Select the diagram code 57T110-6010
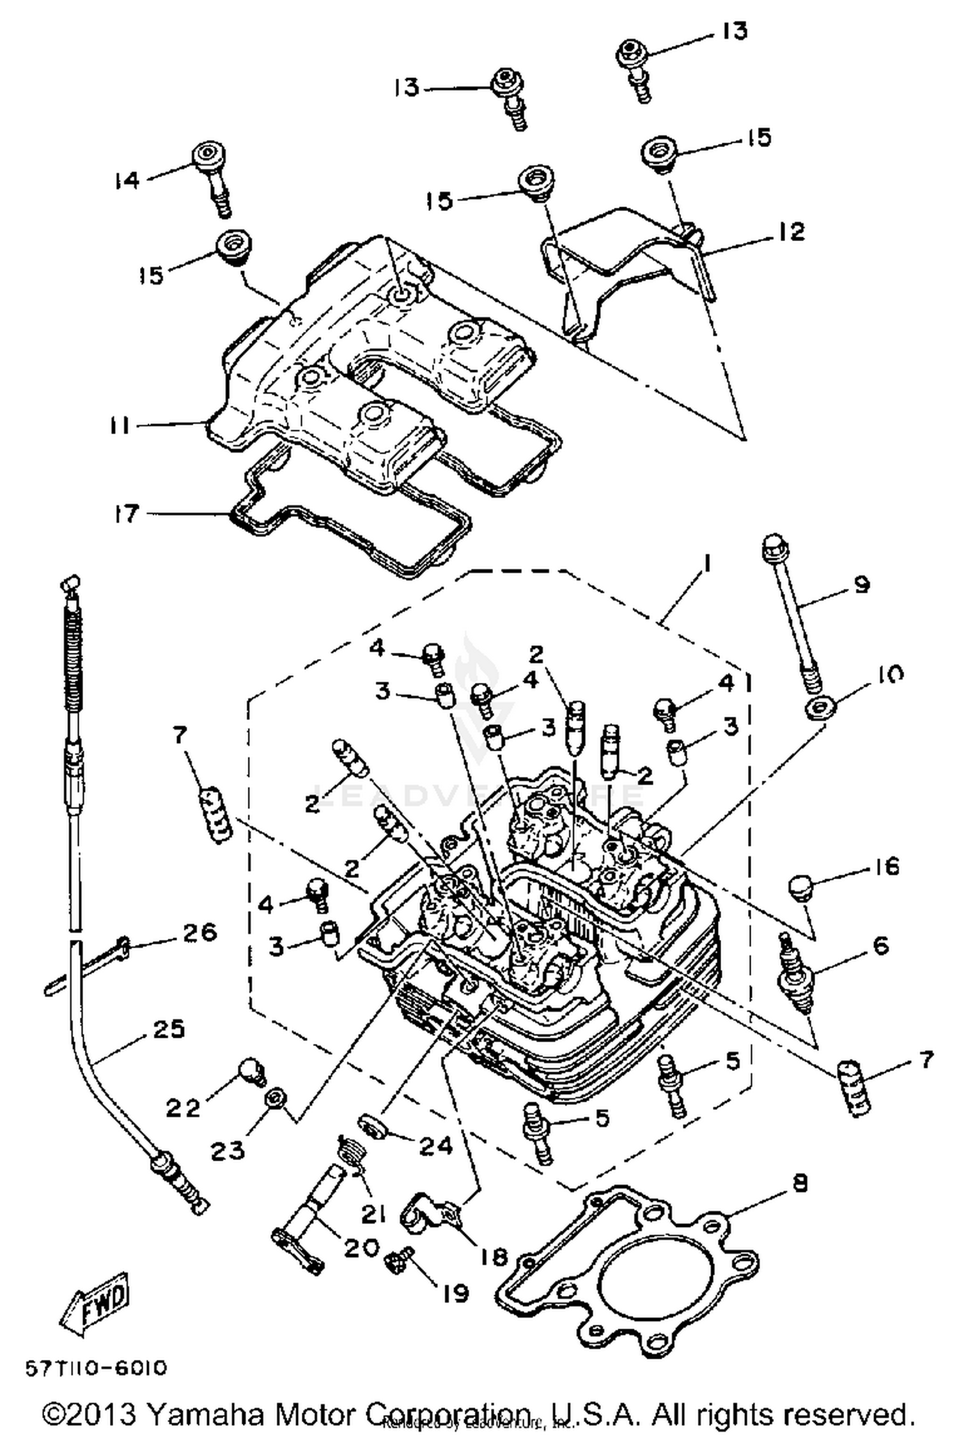point(97,1368)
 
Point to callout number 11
point(119,425)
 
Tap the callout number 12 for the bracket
point(792,231)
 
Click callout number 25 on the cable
point(169,1029)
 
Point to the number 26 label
point(200,932)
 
